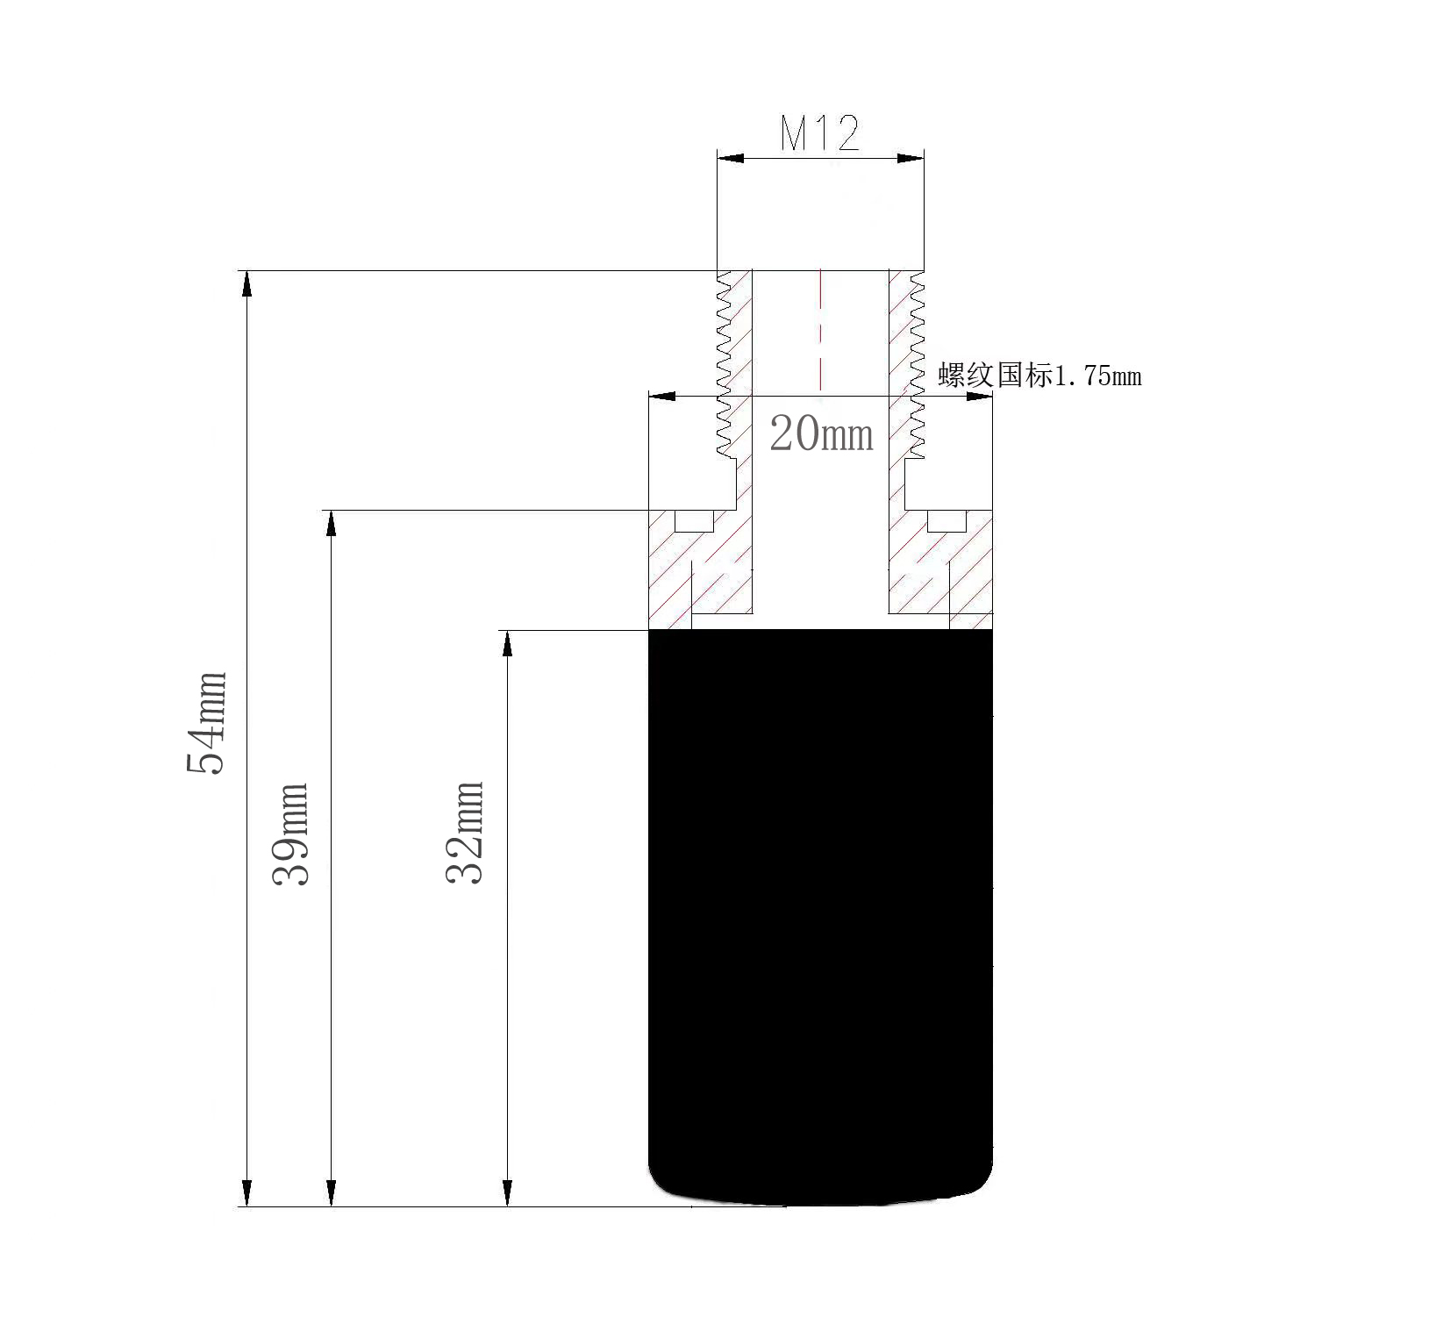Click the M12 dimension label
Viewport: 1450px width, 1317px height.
pyautogui.click(x=820, y=133)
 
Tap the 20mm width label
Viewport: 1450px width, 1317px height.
pyautogui.click(x=822, y=434)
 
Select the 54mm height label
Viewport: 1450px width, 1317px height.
pyautogui.click(x=208, y=722)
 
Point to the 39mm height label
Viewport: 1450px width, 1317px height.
pyautogui.click(x=291, y=834)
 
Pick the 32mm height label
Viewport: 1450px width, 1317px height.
pyautogui.click(x=465, y=831)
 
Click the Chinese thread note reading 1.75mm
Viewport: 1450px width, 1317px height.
pyautogui.click(x=1039, y=376)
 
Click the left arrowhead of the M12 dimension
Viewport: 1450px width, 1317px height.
pyautogui.click(x=731, y=158)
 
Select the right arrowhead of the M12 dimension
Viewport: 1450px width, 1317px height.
pyautogui.click(x=911, y=158)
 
